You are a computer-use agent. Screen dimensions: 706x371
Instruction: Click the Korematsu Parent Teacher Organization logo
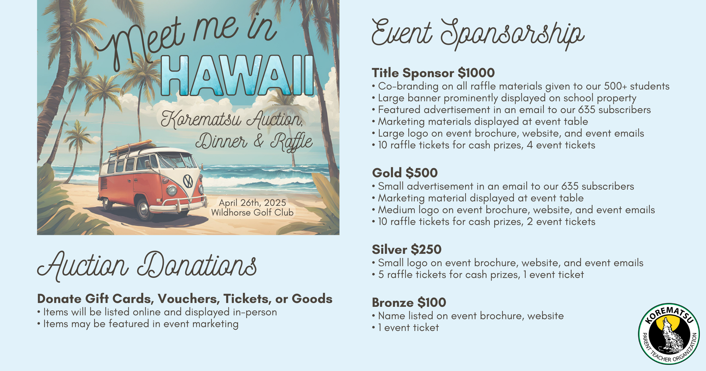click(669, 334)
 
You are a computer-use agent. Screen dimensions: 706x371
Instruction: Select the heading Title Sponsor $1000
click(433, 73)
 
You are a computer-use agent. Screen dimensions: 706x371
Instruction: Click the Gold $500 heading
click(405, 173)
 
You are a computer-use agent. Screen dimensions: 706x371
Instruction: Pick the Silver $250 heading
click(407, 249)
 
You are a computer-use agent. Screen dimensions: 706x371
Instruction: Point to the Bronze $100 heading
click(409, 302)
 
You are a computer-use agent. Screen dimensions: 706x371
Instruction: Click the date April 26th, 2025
click(252, 203)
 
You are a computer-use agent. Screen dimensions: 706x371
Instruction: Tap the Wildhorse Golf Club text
click(252, 213)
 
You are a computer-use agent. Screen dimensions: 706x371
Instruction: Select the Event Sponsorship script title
click(478, 33)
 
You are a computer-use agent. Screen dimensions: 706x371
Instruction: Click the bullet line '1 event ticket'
click(406, 327)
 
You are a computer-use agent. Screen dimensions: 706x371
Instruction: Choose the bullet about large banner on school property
click(504, 98)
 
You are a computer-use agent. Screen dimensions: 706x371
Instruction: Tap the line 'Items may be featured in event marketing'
click(138, 324)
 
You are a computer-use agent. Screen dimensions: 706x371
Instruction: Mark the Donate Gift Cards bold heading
click(185, 299)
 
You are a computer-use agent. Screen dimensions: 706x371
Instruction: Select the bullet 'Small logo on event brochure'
click(508, 263)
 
